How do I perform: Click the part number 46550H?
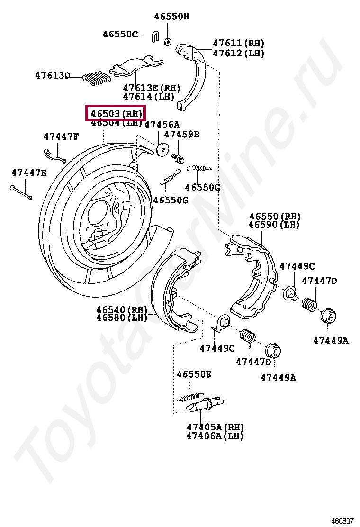coord(171,17)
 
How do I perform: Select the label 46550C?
coord(120,34)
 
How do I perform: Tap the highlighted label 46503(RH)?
coord(116,113)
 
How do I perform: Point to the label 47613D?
coord(52,75)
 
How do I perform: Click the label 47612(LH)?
coord(238,53)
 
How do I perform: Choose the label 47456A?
coord(162,125)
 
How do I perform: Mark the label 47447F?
coord(61,136)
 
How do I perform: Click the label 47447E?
coord(29,173)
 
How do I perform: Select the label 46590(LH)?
coord(275,225)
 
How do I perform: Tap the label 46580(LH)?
coord(122,318)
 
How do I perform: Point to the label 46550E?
coord(194,374)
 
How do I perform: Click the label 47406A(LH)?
coord(215,436)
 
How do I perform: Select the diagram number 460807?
coord(342,520)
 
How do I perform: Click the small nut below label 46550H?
coord(168,42)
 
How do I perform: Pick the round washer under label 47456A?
coord(162,148)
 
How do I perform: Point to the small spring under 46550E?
coord(191,396)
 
